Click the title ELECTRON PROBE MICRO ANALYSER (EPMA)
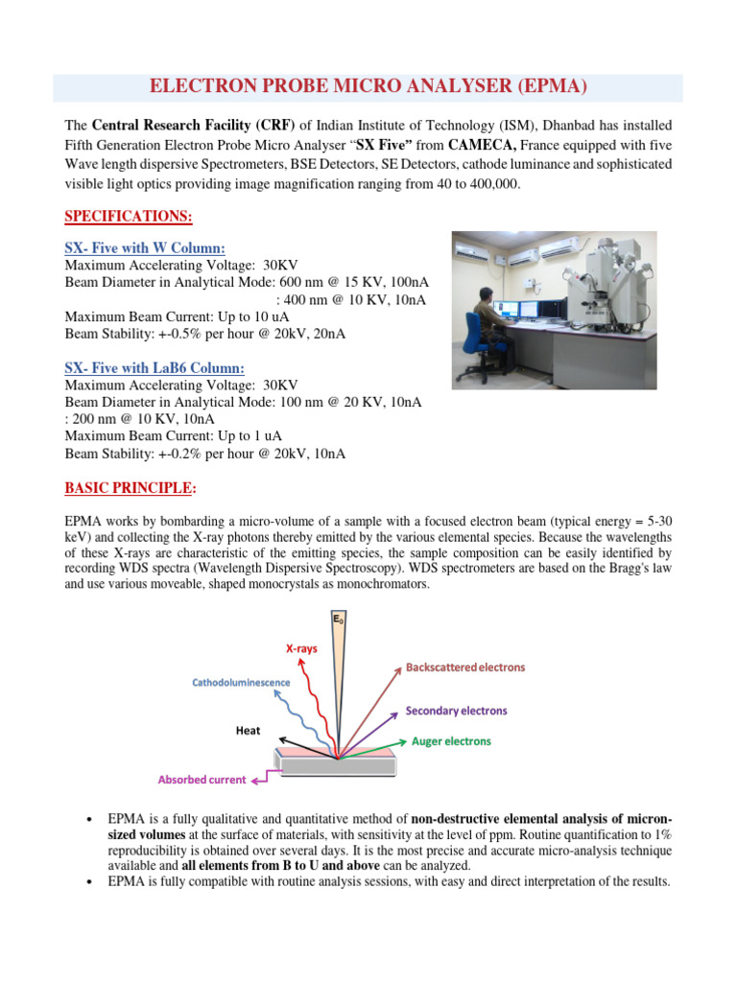point(368,87)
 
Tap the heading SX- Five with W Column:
point(145,248)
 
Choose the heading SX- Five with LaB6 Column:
point(155,367)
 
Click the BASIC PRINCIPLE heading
point(129,488)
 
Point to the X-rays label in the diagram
point(301,648)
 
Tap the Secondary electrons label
point(456,712)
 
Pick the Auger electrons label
point(451,741)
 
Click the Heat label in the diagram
point(248,731)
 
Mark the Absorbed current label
point(202,780)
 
